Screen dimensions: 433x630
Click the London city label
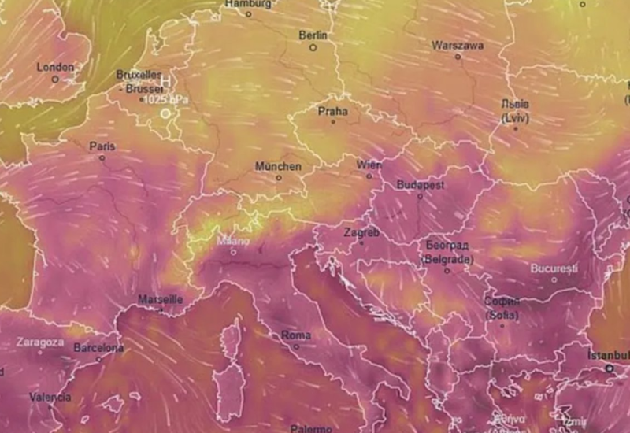coord(55,68)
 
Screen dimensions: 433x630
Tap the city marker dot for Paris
coord(102,157)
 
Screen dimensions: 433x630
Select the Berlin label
coord(312,36)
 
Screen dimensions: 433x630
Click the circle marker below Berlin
coord(313,48)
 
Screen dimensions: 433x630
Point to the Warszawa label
coord(458,46)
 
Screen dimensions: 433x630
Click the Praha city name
coord(332,111)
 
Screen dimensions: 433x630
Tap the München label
coord(278,167)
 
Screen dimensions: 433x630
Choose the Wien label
coord(369,165)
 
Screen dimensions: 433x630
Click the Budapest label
coord(421,184)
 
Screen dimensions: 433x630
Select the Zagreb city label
coord(361,233)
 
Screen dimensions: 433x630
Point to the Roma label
coord(296,335)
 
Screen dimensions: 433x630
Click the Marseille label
coord(161,300)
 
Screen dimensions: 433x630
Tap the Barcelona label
coord(98,347)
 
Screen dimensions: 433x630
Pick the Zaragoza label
coord(39,342)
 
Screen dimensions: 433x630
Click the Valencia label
coord(50,397)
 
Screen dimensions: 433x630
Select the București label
coord(554,268)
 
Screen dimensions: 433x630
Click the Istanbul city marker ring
coord(609,368)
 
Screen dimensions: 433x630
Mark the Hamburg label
coord(248,4)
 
